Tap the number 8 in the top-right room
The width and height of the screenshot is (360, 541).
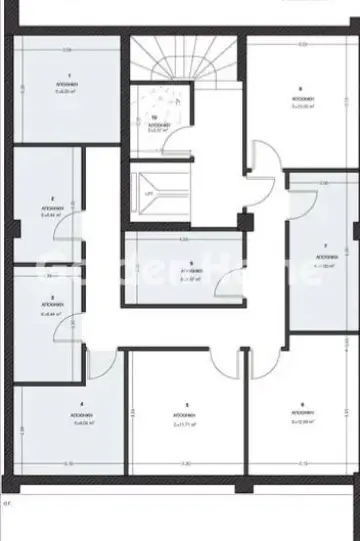[x=300, y=89]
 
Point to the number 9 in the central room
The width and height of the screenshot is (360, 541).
[x=191, y=264]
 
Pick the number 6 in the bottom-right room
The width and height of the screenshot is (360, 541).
[x=302, y=404]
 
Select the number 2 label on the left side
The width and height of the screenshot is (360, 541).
[x=52, y=198]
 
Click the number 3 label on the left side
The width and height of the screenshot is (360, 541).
[x=52, y=298]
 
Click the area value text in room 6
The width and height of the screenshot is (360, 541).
[x=302, y=422]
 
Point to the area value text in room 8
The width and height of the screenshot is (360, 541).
[x=300, y=106]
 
